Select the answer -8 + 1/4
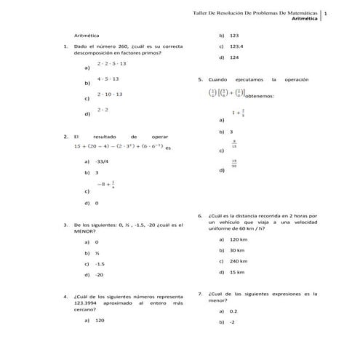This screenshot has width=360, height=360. point(106,185)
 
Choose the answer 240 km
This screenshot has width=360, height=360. point(239,260)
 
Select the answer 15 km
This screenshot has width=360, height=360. point(236,272)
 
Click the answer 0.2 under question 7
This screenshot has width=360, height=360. point(233,311)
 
